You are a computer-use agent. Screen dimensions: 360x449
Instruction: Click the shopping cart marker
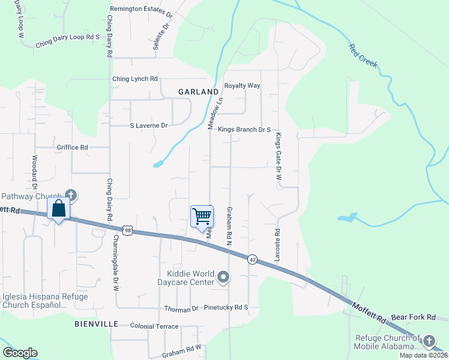tap(202, 216)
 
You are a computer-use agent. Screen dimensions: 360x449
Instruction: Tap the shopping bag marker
tap(59, 209)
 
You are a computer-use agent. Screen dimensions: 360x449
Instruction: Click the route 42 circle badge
tap(253, 259)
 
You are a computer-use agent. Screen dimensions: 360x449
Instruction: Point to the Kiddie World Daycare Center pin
tap(223, 277)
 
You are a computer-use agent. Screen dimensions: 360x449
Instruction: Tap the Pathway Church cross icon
tap(71, 194)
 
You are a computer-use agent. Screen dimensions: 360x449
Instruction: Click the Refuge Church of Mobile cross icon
tap(429, 341)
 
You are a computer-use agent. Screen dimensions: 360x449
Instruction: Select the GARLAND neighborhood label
tap(198, 92)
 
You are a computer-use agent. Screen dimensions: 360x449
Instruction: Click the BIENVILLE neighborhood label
tap(96, 323)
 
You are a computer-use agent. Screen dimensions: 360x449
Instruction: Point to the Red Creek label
tap(364, 55)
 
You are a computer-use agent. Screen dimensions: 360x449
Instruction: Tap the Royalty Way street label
tap(242, 86)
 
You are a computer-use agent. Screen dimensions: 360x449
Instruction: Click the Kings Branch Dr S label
tap(245, 129)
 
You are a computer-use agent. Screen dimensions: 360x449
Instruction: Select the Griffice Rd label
tap(72, 147)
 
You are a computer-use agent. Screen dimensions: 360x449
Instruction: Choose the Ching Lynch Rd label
tap(135, 79)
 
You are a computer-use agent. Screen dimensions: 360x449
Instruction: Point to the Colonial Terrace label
tap(154, 326)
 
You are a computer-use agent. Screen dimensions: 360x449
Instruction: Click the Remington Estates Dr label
tap(141, 10)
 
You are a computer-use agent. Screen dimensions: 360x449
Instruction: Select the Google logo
tap(20, 353)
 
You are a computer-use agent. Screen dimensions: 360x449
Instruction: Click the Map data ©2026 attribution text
tap(423, 355)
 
